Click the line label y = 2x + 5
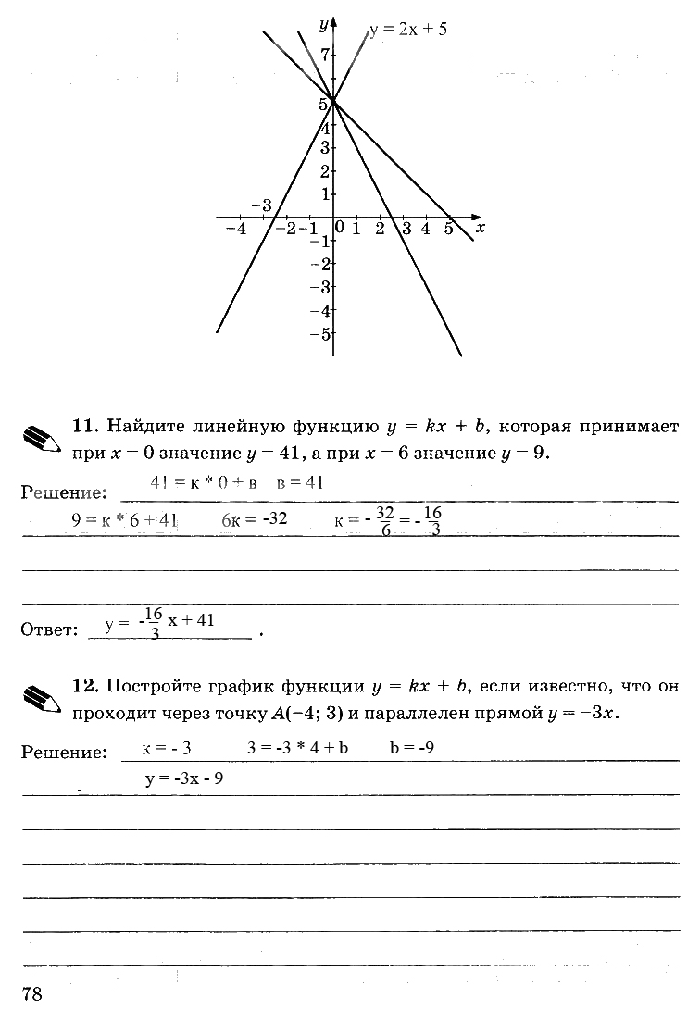click(x=409, y=30)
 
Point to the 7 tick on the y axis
click(x=325, y=56)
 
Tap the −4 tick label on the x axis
click(x=236, y=229)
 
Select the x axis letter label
click(x=480, y=226)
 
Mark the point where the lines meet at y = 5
click(x=333, y=102)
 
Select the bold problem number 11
click(x=84, y=426)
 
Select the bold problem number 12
click(x=84, y=686)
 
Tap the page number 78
click(x=31, y=993)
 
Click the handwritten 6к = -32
click(x=254, y=519)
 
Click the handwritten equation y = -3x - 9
click(x=184, y=778)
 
